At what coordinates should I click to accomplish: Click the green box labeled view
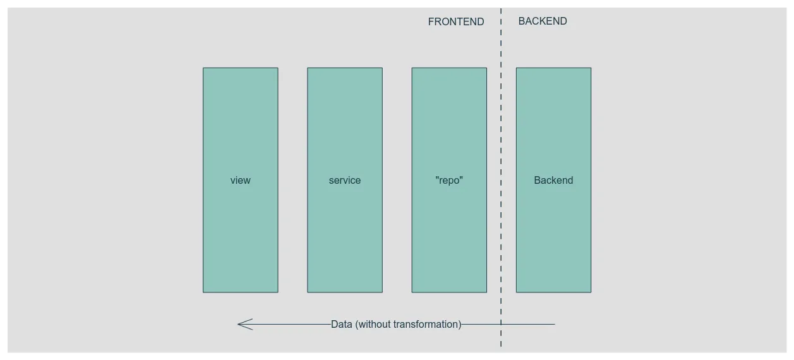coord(240,126)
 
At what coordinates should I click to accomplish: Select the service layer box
coord(344,126)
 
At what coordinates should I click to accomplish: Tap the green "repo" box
coord(449,126)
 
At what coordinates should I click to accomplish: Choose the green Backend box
coord(553,126)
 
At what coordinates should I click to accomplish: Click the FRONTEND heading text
coord(456,21)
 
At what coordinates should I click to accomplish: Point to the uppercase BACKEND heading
coord(543,21)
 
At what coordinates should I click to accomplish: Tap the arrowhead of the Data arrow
coord(240,325)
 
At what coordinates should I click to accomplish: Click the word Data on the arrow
coord(342,325)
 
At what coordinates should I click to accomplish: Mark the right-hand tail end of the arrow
coord(554,325)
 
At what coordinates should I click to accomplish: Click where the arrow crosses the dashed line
coord(501,325)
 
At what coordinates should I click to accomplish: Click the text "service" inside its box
coord(345,181)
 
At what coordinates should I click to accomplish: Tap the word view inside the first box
coord(240,181)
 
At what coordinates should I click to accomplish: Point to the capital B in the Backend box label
coord(538,181)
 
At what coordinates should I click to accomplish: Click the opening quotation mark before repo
coord(437,179)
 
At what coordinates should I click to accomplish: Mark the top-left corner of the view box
coord(203,68)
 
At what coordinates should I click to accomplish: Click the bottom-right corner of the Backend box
coord(591,292)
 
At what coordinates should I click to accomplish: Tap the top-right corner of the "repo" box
coord(486,68)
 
